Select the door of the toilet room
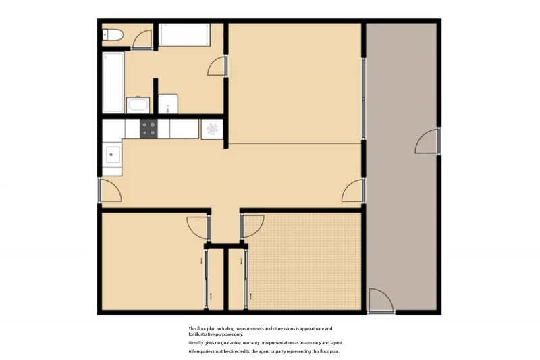[142, 40]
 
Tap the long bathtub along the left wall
[113, 82]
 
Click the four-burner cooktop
[148, 128]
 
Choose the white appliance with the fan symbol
[211, 128]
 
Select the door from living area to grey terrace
[353, 191]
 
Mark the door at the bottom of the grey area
[380, 301]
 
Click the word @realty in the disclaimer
[196, 343]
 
